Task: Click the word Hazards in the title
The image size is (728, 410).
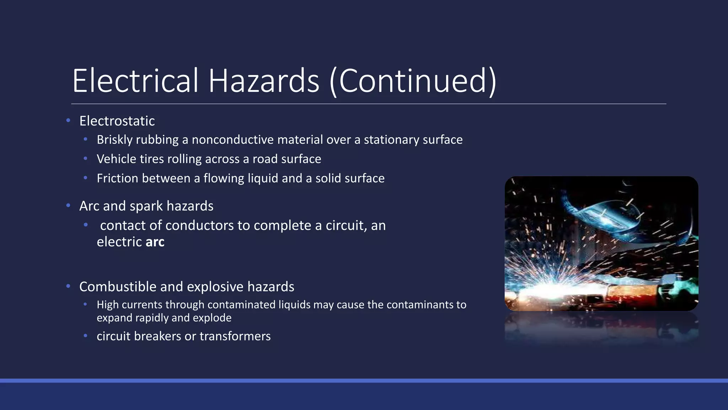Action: pos(263,81)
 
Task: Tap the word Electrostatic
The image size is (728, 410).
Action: pos(117,121)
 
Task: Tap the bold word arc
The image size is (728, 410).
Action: pos(155,242)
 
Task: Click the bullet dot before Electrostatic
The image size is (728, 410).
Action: pos(68,121)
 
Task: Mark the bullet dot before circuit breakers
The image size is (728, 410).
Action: pos(85,336)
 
